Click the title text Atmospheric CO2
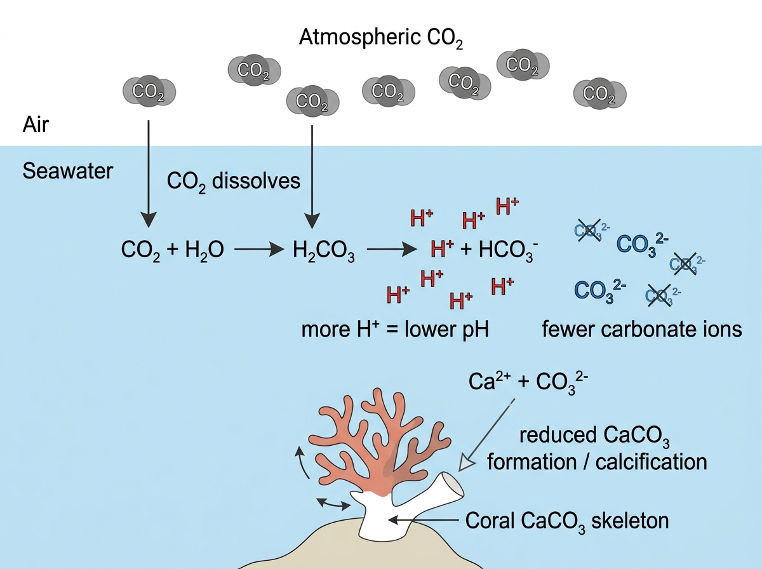(381, 37)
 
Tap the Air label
(36, 124)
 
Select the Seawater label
(68, 171)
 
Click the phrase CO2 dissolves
(234, 182)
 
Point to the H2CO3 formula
(324, 250)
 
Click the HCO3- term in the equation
(509, 250)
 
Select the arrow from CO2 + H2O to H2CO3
(259, 250)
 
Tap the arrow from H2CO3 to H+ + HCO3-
(392, 250)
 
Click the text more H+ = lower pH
(395, 330)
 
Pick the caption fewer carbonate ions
(642, 329)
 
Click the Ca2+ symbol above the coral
(490, 381)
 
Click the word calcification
(652, 462)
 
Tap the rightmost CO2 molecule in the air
(599, 93)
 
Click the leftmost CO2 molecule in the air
(149, 91)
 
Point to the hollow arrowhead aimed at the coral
(466, 463)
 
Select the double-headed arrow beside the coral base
(333, 504)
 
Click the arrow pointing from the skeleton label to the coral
(423, 520)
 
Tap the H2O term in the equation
(204, 250)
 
